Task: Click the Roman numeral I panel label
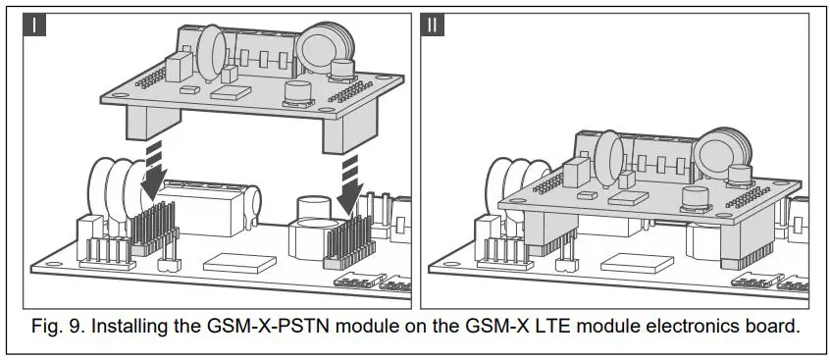click(34, 25)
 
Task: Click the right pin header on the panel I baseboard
click(343, 241)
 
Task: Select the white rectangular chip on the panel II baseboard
click(628, 263)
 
